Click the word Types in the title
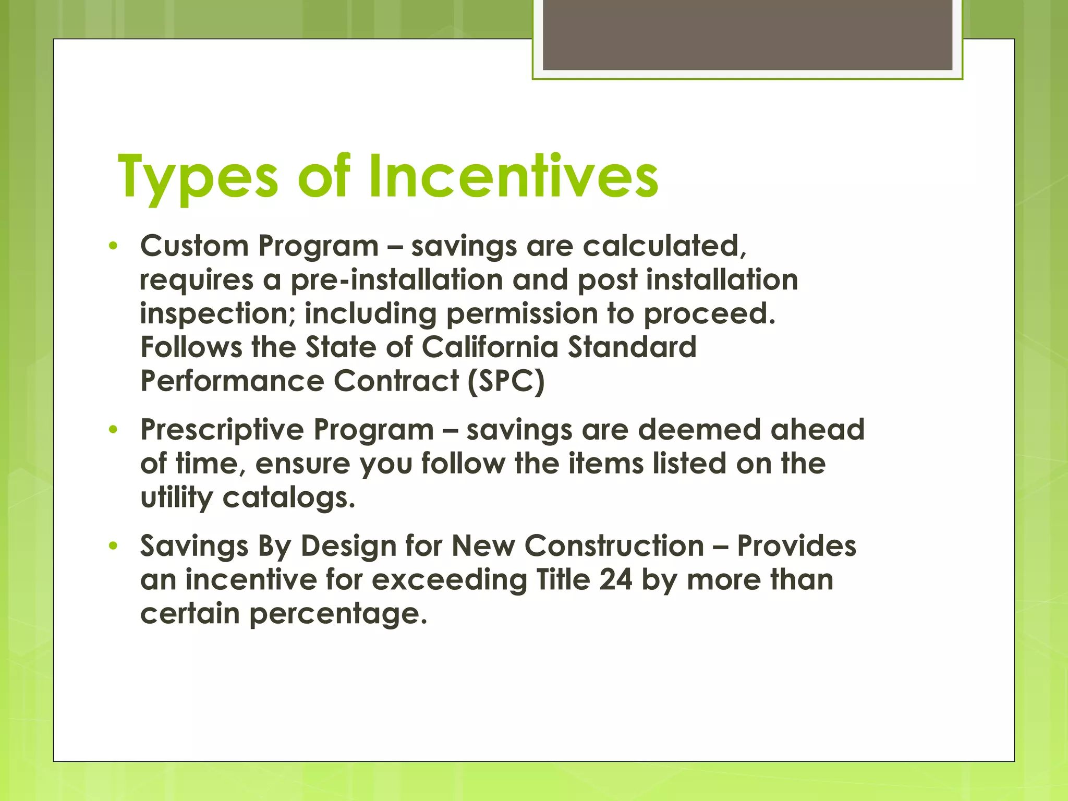(198, 177)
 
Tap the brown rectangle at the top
(747, 35)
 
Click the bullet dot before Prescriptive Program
(113, 430)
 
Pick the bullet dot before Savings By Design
(113, 547)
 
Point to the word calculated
(664, 246)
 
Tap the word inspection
(218, 314)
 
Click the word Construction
(614, 547)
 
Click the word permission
(522, 314)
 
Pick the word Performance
(232, 381)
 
